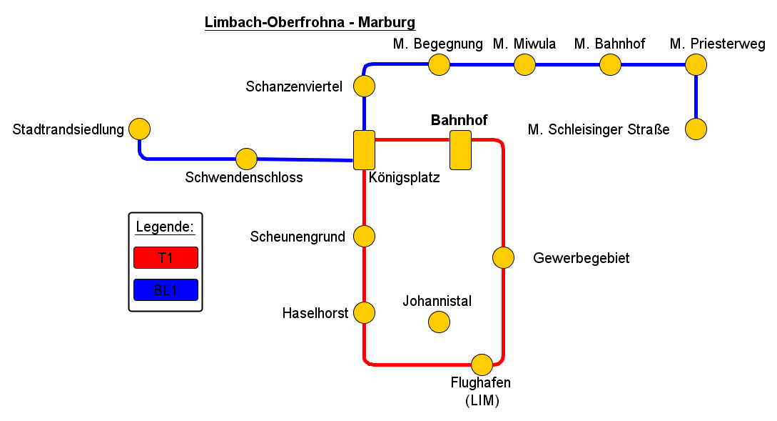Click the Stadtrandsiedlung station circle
click(x=139, y=129)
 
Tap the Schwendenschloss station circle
click(x=246, y=159)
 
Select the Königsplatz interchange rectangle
click(x=364, y=150)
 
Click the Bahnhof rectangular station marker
click(x=460, y=150)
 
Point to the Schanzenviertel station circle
click(x=364, y=86)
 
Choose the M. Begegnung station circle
click(x=439, y=65)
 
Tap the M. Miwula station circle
click(x=524, y=65)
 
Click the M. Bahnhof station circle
click(x=610, y=65)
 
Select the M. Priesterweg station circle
click(x=696, y=65)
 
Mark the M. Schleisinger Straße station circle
click(x=696, y=129)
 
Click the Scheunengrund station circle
click(x=364, y=236)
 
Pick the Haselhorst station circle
click(x=364, y=312)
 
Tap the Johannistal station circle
click(x=439, y=322)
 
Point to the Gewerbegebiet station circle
click(x=503, y=257)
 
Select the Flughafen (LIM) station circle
click(x=482, y=365)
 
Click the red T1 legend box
click(x=165, y=257)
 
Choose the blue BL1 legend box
click(x=165, y=290)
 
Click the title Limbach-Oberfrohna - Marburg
click(x=310, y=22)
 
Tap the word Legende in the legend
click(x=165, y=227)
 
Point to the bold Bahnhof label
click(x=459, y=120)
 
